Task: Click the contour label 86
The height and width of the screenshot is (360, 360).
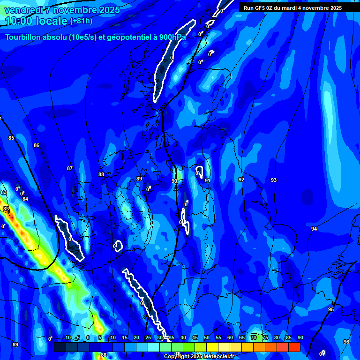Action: pyautogui.click(x=37, y=145)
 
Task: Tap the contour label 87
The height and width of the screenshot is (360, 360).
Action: pyautogui.click(x=70, y=168)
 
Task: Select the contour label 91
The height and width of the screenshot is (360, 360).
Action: pyautogui.click(x=207, y=180)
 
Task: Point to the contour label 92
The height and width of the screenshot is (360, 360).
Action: pyautogui.click(x=241, y=180)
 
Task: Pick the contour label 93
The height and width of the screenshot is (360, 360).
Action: pyautogui.click(x=274, y=180)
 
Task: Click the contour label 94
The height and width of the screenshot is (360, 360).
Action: pyautogui.click(x=314, y=229)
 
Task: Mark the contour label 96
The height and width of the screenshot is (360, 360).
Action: pyautogui.click(x=346, y=342)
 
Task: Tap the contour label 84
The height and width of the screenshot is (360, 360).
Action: pyautogui.click(x=25, y=199)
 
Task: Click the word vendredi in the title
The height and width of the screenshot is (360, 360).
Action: pyautogui.click(x=24, y=9)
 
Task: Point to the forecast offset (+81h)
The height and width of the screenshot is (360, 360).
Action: pyautogui.click(x=81, y=21)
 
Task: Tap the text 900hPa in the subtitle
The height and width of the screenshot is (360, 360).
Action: pyautogui.click(x=171, y=37)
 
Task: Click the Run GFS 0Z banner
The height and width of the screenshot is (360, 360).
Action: pyautogui.click(x=292, y=7)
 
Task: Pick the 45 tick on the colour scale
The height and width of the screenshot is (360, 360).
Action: pyautogui.click(x=195, y=337)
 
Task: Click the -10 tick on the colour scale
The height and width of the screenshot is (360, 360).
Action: pyautogui.click(x=67, y=337)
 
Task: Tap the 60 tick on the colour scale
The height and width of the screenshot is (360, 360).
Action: pyautogui.click(x=230, y=337)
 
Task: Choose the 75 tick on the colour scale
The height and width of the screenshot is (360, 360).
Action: pyautogui.click(x=265, y=337)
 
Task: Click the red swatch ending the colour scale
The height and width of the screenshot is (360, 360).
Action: pyautogui.click(x=294, y=347)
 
